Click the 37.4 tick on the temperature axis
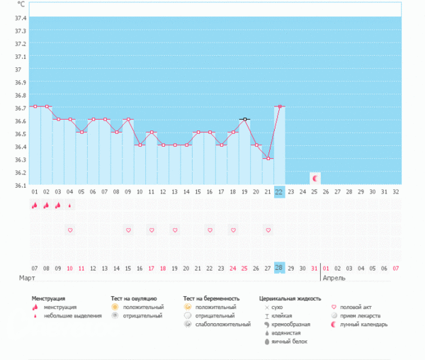coord(19,18)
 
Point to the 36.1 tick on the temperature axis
coord(19,186)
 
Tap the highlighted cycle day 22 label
coord(279,191)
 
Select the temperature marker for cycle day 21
coord(268,159)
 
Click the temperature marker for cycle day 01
coord(35,106)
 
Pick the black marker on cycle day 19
coord(244,119)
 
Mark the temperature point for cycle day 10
coord(140,145)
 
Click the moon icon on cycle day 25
coord(314,178)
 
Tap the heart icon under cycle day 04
coord(69,230)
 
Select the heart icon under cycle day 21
coord(268,230)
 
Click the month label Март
coord(28,278)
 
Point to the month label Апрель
coord(334,278)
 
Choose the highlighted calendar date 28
coord(279,267)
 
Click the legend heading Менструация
coord(53,298)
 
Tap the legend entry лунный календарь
coord(363,325)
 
